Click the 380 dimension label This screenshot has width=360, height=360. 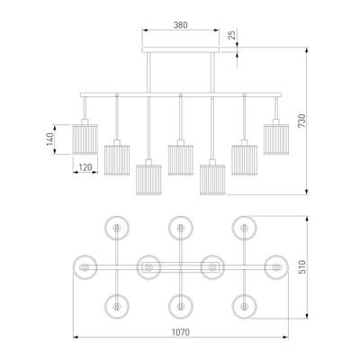(x=181, y=25)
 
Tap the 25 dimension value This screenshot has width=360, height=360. (x=231, y=34)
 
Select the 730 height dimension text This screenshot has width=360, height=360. (x=301, y=121)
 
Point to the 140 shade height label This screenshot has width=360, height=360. (x=49, y=139)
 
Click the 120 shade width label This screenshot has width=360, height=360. (x=85, y=167)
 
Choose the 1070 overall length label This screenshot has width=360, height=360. (x=181, y=332)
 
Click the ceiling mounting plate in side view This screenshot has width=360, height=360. (x=181, y=49)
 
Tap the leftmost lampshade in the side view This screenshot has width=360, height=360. (x=85, y=139)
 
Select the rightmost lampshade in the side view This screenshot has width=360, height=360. (x=276, y=139)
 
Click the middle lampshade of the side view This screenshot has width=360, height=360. (x=181, y=160)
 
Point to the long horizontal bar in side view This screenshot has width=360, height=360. (x=181, y=94)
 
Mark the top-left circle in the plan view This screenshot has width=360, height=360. (x=117, y=228)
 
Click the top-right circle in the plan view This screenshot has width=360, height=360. (x=245, y=228)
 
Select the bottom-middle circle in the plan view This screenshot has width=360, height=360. (x=181, y=307)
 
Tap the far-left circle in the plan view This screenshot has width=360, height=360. (x=85, y=267)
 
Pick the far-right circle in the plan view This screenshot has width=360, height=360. (x=276, y=267)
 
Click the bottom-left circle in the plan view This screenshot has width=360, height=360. (x=117, y=307)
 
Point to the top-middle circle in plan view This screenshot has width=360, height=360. (x=181, y=228)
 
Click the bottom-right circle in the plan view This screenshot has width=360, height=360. (x=245, y=307)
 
